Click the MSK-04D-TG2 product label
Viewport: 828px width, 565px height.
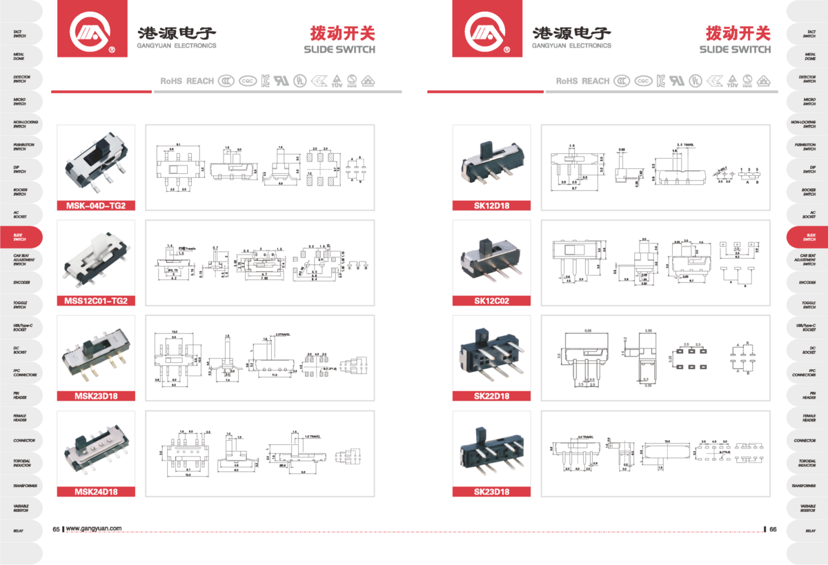[95, 205]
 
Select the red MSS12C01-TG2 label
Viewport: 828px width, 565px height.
[96, 300]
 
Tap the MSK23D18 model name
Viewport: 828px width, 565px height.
[96, 396]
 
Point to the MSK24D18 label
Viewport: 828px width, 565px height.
[96, 492]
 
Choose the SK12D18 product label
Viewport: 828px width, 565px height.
[491, 205]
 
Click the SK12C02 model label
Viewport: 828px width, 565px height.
[491, 300]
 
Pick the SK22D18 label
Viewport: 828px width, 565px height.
[491, 396]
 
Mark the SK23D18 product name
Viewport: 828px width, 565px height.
[491, 492]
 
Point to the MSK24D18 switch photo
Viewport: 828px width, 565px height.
[96, 448]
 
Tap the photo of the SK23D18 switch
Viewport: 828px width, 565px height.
[491, 448]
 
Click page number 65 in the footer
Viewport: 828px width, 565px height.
[57, 528]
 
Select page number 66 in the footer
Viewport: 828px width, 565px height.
[773, 528]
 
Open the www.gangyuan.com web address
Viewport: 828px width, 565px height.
[94, 528]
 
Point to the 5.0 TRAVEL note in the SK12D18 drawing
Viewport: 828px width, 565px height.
[687, 146]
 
